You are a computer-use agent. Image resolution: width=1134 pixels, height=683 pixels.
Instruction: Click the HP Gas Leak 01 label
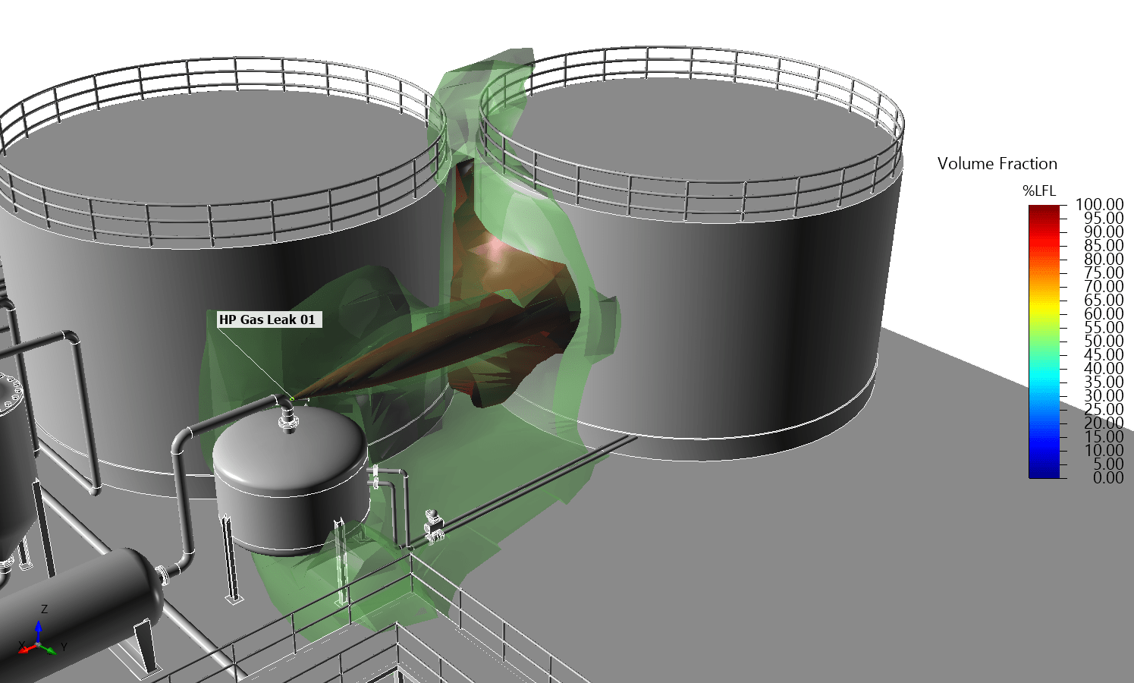click(x=267, y=319)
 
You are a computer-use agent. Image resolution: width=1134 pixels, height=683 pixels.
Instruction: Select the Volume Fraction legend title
click(x=997, y=164)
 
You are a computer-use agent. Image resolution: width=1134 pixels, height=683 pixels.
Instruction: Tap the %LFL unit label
click(x=1039, y=191)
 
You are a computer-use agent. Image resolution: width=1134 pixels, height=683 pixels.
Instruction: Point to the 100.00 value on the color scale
click(x=1099, y=204)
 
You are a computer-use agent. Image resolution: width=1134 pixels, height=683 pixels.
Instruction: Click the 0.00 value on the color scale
click(x=1107, y=477)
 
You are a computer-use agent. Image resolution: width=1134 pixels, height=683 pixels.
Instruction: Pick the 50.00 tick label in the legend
click(x=1104, y=341)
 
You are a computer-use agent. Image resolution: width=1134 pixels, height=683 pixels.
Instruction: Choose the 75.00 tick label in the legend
click(x=1104, y=272)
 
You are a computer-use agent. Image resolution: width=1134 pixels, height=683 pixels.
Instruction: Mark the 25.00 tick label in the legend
click(x=1104, y=409)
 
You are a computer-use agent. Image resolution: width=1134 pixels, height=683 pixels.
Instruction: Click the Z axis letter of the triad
click(x=45, y=609)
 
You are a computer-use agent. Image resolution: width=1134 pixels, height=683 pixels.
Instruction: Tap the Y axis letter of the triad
click(x=64, y=647)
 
